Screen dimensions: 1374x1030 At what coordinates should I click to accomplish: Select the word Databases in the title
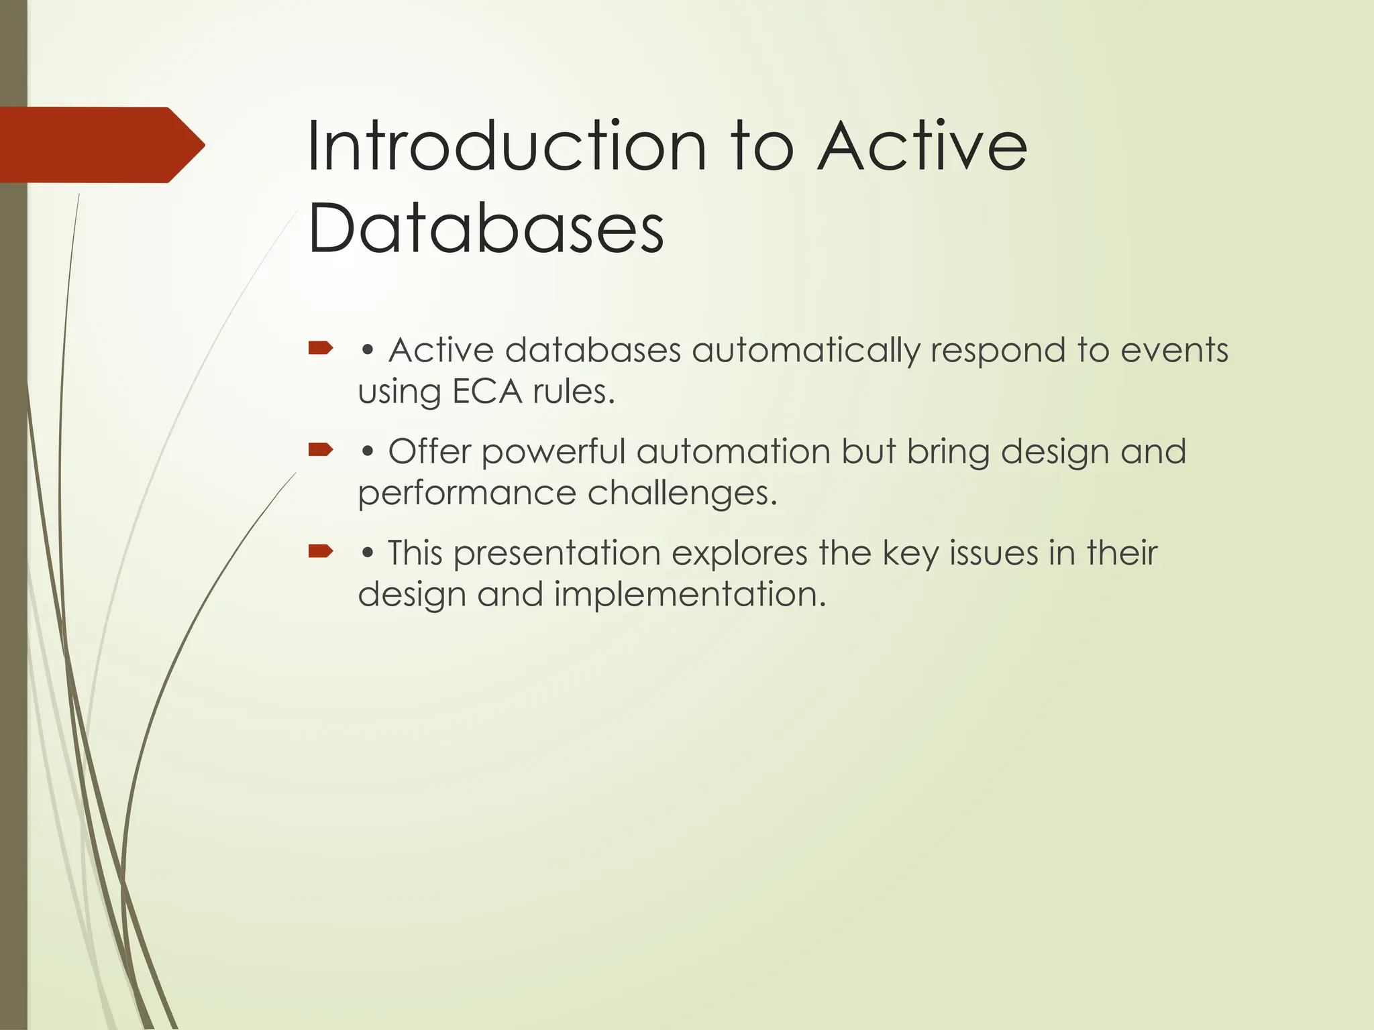pyautogui.click(x=486, y=229)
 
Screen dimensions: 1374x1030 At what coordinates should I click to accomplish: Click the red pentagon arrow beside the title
pyautogui.click(x=101, y=145)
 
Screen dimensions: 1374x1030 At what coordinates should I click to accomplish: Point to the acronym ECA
pyautogui.click(x=487, y=392)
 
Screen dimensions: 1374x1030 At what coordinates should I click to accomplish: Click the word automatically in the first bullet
pyautogui.click(x=805, y=351)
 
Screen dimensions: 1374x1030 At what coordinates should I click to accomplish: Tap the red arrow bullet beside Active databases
pyautogui.click(x=321, y=347)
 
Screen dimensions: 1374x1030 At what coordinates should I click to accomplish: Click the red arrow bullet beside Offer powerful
pyautogui.click(x=321, y=449)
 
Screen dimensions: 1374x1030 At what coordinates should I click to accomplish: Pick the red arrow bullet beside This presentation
pyautogui.click(x=321, y=551)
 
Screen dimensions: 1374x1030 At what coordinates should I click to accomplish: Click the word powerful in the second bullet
pyautogui.click(x=553, y=452)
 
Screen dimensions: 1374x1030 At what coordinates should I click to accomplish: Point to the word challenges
pyautogui.click(x=682, y=494)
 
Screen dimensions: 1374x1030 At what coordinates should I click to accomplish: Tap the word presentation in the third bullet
pyautogui.click(x=557, y=555)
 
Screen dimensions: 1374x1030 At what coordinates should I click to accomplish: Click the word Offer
pyautogui.click(x=429, y=451)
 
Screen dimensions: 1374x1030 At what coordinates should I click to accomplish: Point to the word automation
pyautogui.click(x=733, y=451)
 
